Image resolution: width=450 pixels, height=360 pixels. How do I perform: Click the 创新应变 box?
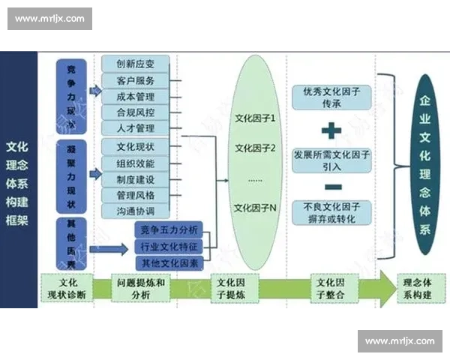tap(136, 64)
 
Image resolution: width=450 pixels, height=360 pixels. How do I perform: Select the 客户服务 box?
tap(136, 80)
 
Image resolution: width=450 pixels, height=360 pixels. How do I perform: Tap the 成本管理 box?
tap(136, 97)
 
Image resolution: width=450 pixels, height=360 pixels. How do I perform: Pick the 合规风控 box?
tap(136, 113)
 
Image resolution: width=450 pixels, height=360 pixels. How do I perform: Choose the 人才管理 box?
tap(136, 130)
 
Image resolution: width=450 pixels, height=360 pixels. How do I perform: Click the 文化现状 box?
tap(136, 146)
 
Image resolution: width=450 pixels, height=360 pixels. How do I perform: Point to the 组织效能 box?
tap(136, 163)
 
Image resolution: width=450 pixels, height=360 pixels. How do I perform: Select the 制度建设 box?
tap(136, 179)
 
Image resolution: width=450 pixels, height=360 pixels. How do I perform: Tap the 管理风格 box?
tap(136, 196)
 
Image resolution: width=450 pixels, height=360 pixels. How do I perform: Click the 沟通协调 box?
tap(136, 212)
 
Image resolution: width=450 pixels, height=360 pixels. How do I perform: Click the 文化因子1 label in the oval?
tap(256, 118)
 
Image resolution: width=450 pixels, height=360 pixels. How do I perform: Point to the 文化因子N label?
tap(256, 208)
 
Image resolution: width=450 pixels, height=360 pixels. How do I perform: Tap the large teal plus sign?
tap(332, 131)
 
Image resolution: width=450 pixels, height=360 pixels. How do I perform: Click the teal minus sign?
tap(332, 186)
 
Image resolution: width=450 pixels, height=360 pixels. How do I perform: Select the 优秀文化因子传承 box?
tap(332, 97)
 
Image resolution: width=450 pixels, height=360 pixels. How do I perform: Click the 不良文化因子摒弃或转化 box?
tap(332, 212)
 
